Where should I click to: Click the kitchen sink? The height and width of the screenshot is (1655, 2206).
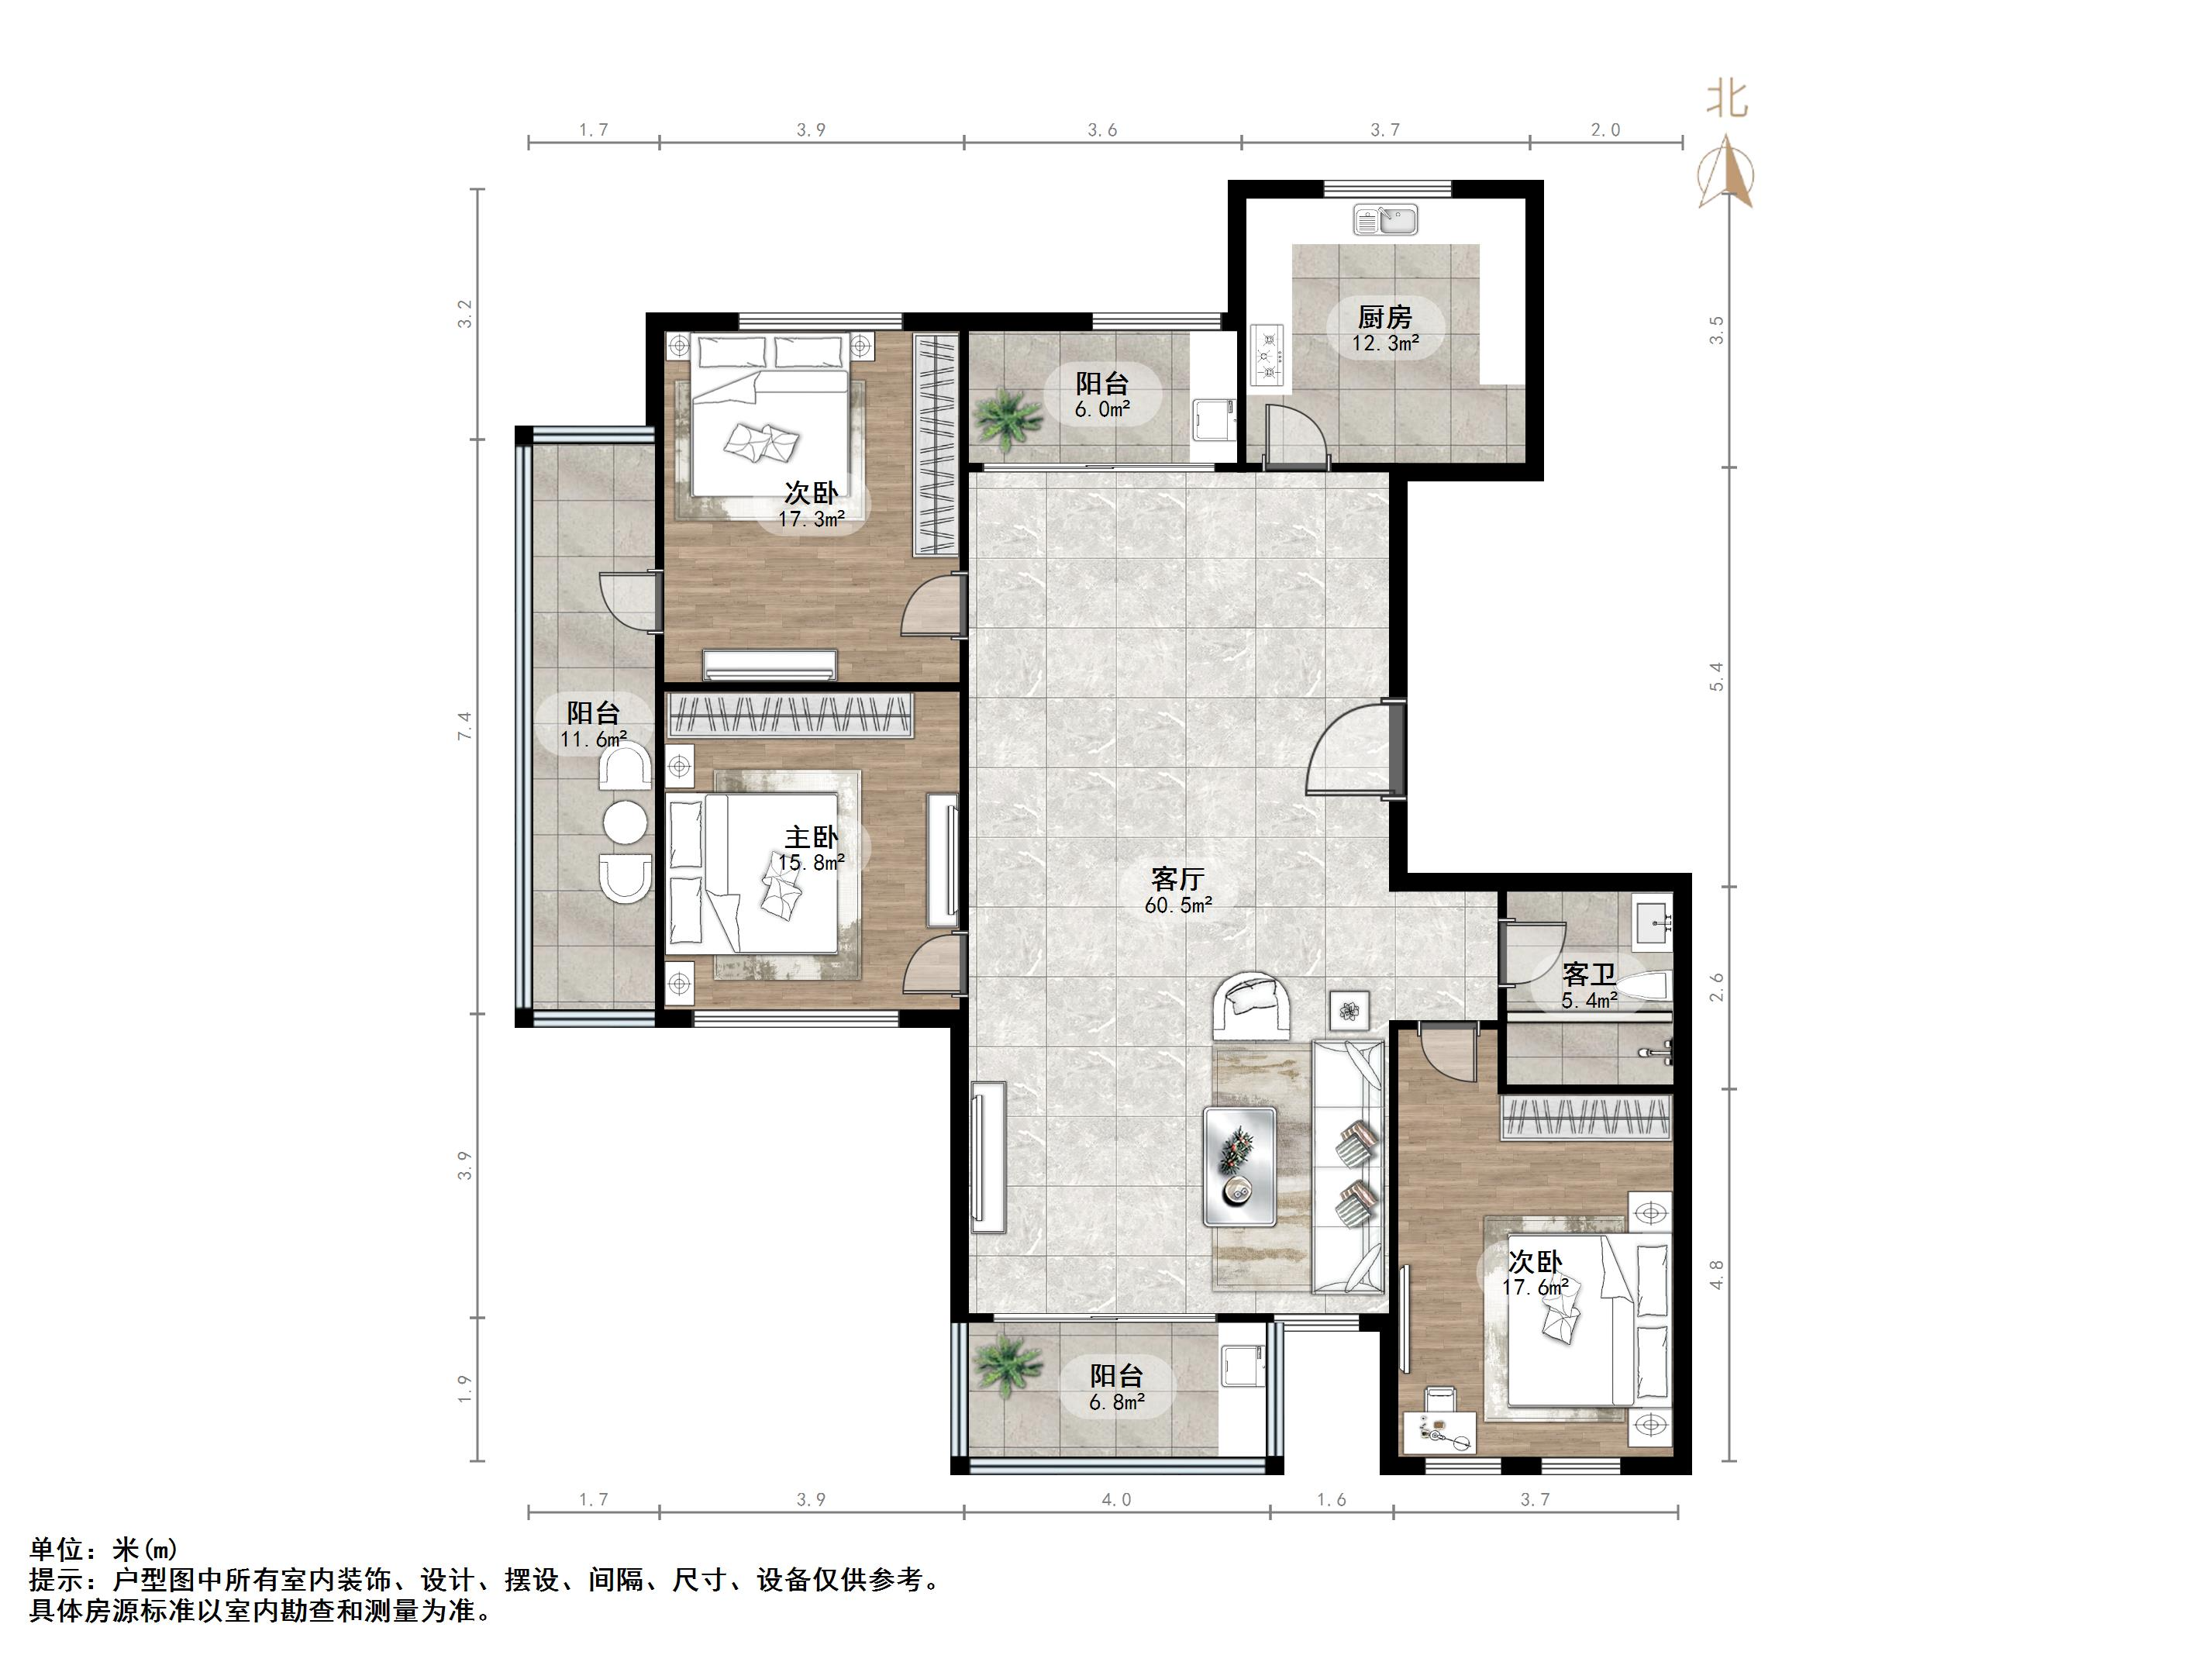1385,219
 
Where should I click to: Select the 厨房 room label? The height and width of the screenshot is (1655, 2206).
1385,317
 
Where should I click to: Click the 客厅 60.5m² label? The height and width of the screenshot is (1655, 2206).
1179,891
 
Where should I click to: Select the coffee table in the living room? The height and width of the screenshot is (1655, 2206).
1239,1165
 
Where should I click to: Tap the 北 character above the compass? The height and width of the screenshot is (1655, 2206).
1727,98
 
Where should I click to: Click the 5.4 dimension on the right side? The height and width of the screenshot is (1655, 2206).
1716,677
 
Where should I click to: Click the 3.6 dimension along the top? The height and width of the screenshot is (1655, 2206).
1102,129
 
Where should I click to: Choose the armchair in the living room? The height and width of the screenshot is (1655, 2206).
1252,1005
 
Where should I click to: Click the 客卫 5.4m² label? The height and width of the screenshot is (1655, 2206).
1589,984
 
